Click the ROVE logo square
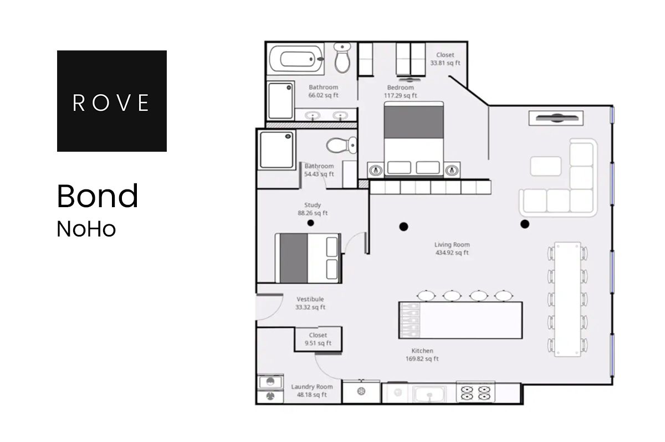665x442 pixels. pyautogui.click(x=111, y=101)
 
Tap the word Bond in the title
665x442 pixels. pyautogui.click(x=98, y=196)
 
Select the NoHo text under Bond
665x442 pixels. pyautogui.click(x=86, y=229)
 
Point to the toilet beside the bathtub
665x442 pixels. pyautogui.click(x=343, y=57)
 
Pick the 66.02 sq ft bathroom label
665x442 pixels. pyautogui.click(x=323, y=91)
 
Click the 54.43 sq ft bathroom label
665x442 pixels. pyautogui.click(x=319, y=170)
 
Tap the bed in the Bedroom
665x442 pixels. pyautogui.click(x=414, y=138)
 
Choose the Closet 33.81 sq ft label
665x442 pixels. pyautogui.click(x=445, y=59)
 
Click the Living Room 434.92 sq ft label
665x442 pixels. pyautogui.click(x=452, y=249)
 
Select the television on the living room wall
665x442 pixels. pyautogui.click(x=556, y=118)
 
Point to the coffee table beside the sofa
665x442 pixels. pyautogui.click(x=546, y=166)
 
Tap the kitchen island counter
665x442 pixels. pyautogui.click(x=461, y=320)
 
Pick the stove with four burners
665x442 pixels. pyautogui.click(x=475, y=392)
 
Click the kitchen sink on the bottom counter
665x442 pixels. pyautogui.click(x=430, y=393)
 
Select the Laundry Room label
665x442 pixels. pyautogui.click(x=312, y=390)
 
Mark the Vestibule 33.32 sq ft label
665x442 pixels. pyautogui.click(x=310, y=303)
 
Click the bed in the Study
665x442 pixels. pyautogui.click(x=308, y=257)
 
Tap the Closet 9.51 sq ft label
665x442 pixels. pyautogui.click(x=318, y=339)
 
